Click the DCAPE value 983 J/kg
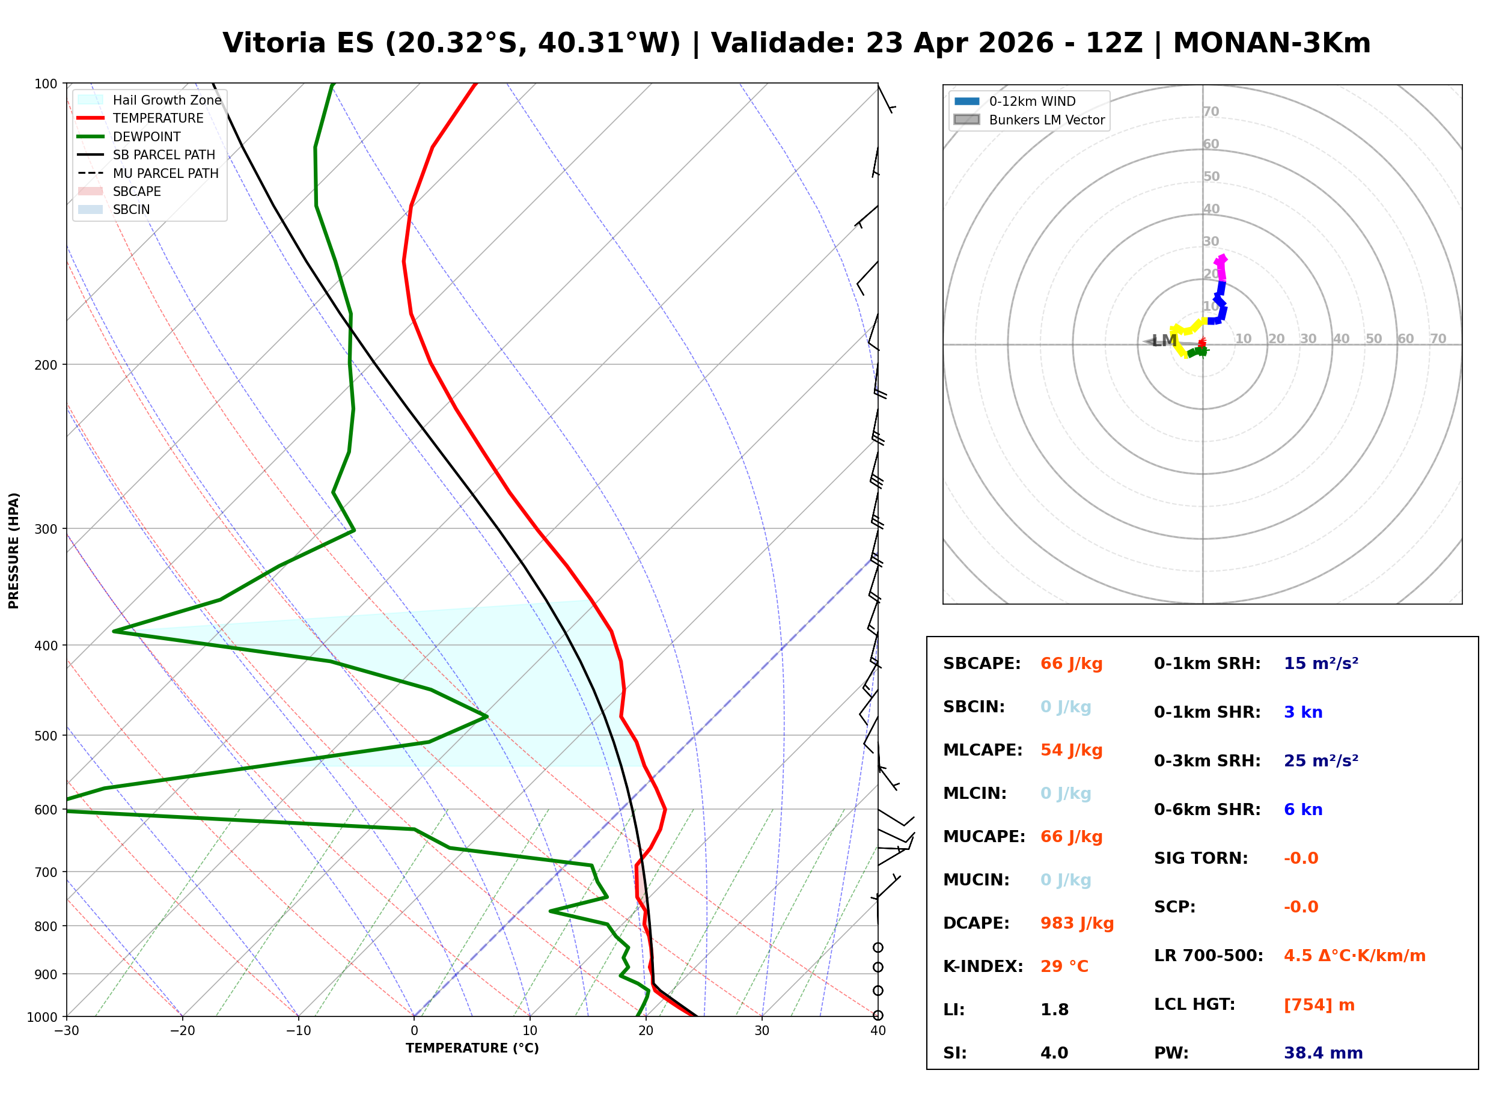(x=1076, y=923)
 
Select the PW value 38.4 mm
(x=1322, y=1053)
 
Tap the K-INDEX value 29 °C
(x=1064, y=966)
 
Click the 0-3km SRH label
(x=1207, y=760)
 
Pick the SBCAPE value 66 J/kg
(x=1071, y=663)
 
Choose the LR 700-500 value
(x=1354, y=956)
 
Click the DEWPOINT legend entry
(x=147, y=136)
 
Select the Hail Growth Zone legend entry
(x=166, y=100)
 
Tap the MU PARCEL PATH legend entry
(x=165, y=173)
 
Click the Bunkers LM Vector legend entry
(x=1046, y=120)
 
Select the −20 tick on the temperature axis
(x=182, y=1031)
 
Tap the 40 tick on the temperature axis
(x=878, y=1031)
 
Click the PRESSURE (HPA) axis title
(x=14, y=550)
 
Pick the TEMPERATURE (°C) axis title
(x=472, y=1048)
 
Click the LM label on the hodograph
(x=1164, y=341)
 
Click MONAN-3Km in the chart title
(x=1271, y=43)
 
